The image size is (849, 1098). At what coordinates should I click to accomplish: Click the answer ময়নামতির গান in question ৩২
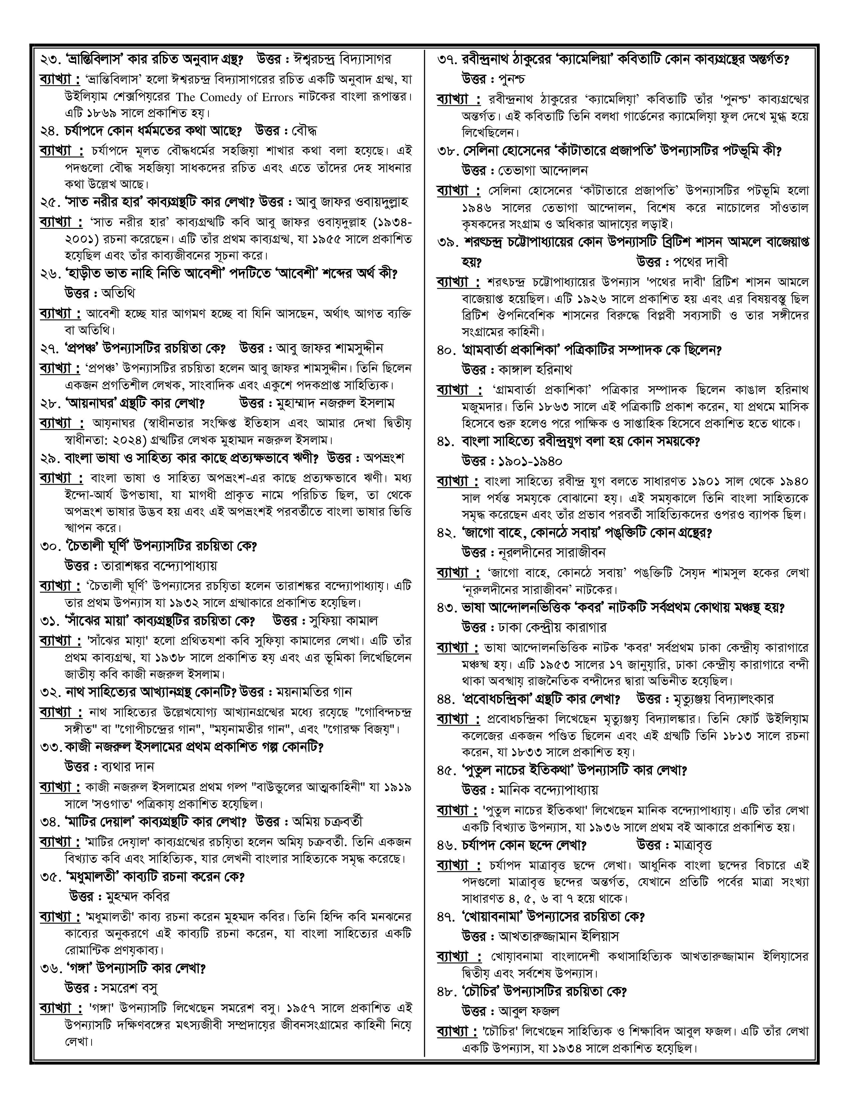(314, 692)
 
